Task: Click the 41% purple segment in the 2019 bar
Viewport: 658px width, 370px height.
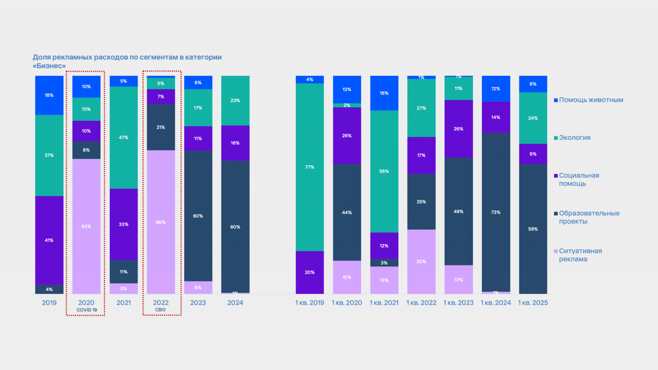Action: click(49, 240)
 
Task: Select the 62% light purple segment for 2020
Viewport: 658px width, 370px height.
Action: click(86, 226)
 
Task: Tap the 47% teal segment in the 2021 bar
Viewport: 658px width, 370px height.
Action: click(124, 137)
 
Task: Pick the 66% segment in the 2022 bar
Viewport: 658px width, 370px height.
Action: click(161, 222)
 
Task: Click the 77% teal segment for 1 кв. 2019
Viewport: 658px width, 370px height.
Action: click(310, 167)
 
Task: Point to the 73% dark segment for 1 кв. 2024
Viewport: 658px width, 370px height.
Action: click(496, 212)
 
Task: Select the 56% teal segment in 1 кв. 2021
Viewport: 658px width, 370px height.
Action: click(384, 171)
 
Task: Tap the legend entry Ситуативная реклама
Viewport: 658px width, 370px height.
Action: click(580, 255)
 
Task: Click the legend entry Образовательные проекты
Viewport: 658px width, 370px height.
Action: click(588, 217)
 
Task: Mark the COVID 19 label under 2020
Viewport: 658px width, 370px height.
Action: click(87, 310)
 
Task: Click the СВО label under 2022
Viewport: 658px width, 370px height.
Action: click(160, 310)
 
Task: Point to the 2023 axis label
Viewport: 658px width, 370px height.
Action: click(198, 303)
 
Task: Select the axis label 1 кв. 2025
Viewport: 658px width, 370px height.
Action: click(533, 303)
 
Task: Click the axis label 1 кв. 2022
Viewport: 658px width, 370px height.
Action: click(421, 303)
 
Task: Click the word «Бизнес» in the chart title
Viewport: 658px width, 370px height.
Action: click(49, 66)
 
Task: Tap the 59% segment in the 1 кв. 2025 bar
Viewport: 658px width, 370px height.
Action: click(533, 229)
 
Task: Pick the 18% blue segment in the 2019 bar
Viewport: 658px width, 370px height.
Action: click(49, 95)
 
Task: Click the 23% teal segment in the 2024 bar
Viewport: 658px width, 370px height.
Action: click(235, 100)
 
